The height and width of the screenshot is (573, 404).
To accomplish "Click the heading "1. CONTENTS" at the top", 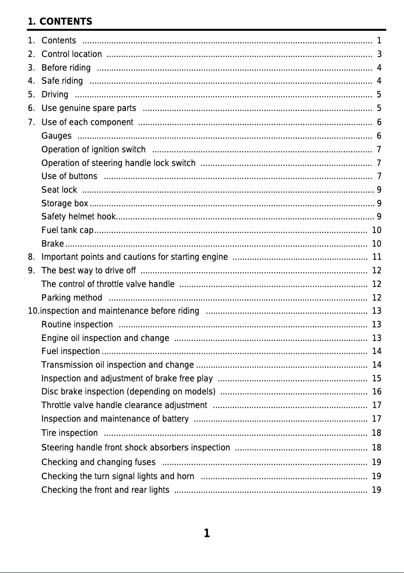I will (x=60, y=22).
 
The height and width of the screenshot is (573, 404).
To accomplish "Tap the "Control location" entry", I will (x=72, y=54).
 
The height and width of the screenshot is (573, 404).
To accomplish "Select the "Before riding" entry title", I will (x=66, y=68).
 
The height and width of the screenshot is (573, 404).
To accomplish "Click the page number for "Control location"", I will (x=379, y=54).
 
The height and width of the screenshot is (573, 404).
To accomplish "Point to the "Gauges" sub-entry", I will (x=56, y=136).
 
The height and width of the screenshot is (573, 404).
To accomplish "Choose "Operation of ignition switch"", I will (x=93, y=149).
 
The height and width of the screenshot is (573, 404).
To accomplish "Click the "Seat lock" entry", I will (x=59, y=190).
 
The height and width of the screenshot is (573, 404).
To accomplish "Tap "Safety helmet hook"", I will (x=79, y=217).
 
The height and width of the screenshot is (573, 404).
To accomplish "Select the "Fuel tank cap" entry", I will (x=67, y=231).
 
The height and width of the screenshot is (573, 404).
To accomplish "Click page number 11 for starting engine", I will (x=376, y=257).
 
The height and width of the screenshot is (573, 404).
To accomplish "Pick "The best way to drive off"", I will (x=89, y=271).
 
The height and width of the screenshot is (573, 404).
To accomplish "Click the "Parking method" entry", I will (x=72, y=298).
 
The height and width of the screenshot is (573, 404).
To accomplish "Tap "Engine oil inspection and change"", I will (x=105, y=338).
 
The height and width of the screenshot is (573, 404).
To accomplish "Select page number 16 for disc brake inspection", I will (x=376, y=392).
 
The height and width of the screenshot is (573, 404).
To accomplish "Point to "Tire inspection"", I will (x=70, y=433).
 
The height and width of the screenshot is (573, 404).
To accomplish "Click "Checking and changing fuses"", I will (x=98, y=462).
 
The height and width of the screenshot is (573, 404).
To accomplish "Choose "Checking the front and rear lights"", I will (x=105, y=490).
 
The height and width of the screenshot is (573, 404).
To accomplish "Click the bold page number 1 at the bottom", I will (x=207, y=533).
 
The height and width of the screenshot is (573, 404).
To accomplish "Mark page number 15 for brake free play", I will (x=376, y=378).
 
